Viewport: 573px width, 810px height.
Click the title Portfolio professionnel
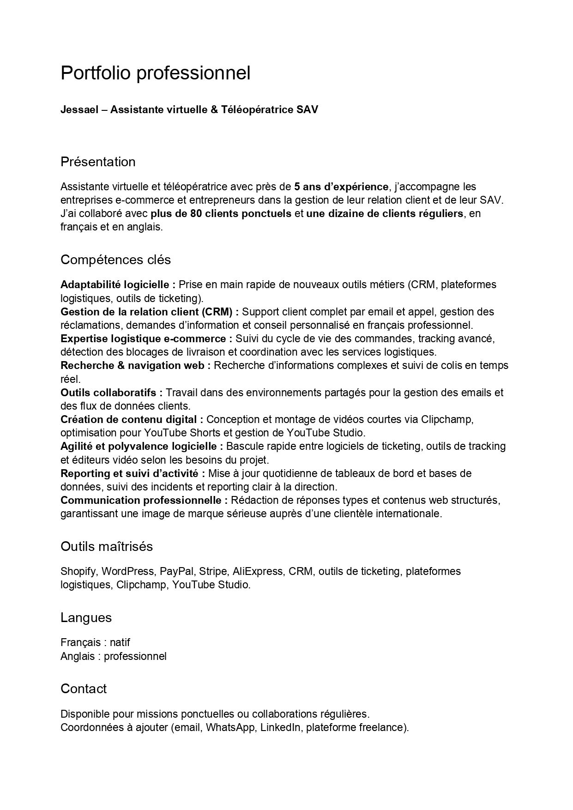point(155,73)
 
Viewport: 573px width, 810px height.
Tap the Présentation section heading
point(98,162)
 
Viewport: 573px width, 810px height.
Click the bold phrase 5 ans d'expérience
point(341,187)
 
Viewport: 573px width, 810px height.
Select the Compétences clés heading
point(115,260)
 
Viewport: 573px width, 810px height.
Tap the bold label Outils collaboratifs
point(111,393)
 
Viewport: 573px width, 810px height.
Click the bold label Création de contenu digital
point(132,419)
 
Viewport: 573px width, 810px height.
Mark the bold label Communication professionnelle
point(144,500)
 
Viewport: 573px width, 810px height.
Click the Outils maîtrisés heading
point(106,546)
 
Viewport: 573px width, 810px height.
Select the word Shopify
point(78,571)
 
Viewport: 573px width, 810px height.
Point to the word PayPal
point(176,571)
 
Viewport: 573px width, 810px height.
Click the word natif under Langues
point(120,642)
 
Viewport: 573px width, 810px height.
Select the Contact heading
point(83,689)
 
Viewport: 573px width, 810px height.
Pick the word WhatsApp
point(230,728)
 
